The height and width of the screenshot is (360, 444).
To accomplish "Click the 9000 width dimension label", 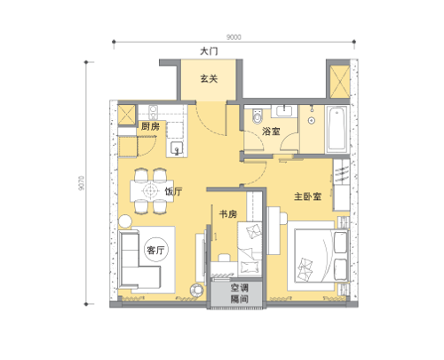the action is pyautogui.click(x=234, y=37).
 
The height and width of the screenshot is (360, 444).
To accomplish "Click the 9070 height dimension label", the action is pyautogui.click(x=82, y=183).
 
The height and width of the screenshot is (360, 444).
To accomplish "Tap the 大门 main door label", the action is pyautogui.click(x=209, y=52).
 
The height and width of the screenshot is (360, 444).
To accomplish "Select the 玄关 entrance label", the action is pyautogui.click(x=209, y=78).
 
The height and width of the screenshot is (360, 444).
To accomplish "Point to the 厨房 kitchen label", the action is pyautogui.click(x=150, y=126).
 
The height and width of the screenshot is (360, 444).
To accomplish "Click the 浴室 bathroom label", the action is pyautogui.click(x=271, y=132).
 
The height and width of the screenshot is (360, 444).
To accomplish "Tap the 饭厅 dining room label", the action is pyautogui.click(x=173, y=191).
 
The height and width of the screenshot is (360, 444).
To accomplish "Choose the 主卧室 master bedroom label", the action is pyautogui.click(x=307, y=196).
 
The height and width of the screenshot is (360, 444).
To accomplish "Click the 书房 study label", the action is pyautogui.click(x=228, y=214).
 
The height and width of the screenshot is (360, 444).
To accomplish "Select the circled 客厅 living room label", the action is pyautogui.click(x=155, y=250).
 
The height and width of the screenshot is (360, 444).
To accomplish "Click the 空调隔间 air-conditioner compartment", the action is pyautogui.click(x=236, y=293).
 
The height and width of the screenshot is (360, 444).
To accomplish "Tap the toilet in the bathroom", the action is pyautogui.click(x=258, y=116).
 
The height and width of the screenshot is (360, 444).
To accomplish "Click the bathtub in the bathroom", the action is pyautogui.click(x=337, y=129).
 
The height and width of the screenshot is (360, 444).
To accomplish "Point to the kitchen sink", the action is pyautogui.click(x=176, y=148).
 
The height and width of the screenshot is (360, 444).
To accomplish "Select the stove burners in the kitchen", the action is pyautogui.click(x=153, y=112).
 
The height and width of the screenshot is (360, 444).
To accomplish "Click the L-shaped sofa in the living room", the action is pyautogui.click(x=139, y=260).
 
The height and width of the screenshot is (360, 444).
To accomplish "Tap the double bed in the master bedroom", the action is pyautogui.click(x=318, y=256).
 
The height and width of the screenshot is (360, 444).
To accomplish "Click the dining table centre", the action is pyautogui.click(x=152, y=191).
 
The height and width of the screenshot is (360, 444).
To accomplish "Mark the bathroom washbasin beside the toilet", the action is pyautogui.click(x=285, y=111).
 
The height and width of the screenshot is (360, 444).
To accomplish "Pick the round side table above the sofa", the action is pyautogui.click(x=125, y=221).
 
